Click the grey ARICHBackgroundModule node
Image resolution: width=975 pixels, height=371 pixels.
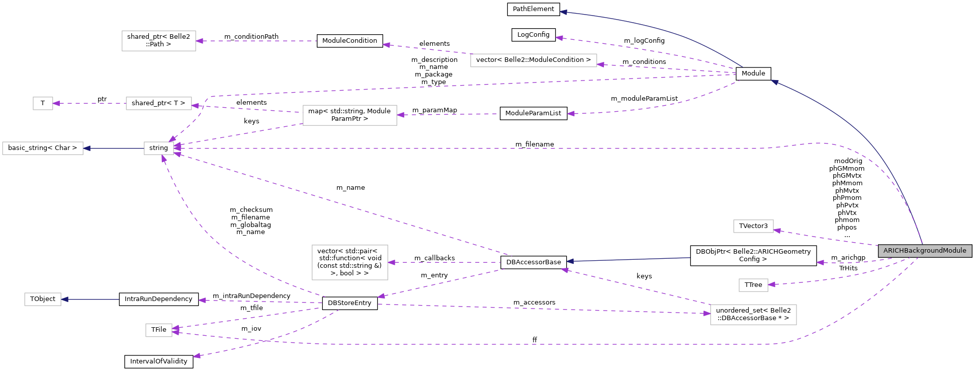[x=925, y=251]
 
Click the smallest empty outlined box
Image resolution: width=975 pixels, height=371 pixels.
[x=43, y=103]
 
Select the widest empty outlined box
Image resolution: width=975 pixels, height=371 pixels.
[x=534, y=60]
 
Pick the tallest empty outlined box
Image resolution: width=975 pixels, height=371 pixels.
[x=349, y=262]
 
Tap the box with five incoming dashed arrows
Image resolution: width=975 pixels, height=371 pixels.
[x=159, y=148]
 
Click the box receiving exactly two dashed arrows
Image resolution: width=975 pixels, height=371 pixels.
[x=159, y=330]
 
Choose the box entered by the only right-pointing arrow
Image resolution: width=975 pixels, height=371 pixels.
[x=753, y=315]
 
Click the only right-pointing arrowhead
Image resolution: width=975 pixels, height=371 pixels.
[x=707, y=313]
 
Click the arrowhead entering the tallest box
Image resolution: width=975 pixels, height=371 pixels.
[x=391, y=262]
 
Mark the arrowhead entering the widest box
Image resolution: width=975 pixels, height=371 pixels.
[x=600, y=64]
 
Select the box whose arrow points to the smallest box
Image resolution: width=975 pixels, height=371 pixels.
[x=159, y=103]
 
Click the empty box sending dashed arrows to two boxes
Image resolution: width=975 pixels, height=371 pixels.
[x=349, y=115]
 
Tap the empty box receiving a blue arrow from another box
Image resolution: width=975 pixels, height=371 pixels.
[x=43, y=148]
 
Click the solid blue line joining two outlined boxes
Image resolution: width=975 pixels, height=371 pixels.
[x=114, y=148]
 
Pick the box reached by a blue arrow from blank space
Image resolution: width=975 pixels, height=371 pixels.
[x=43, y=299]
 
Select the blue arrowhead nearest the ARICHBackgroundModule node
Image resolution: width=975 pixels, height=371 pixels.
[x=774, y=82]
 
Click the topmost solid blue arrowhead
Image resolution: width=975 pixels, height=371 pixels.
[x=564, y=12]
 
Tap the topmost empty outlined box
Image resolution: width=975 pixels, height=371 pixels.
[x=159, y=41]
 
